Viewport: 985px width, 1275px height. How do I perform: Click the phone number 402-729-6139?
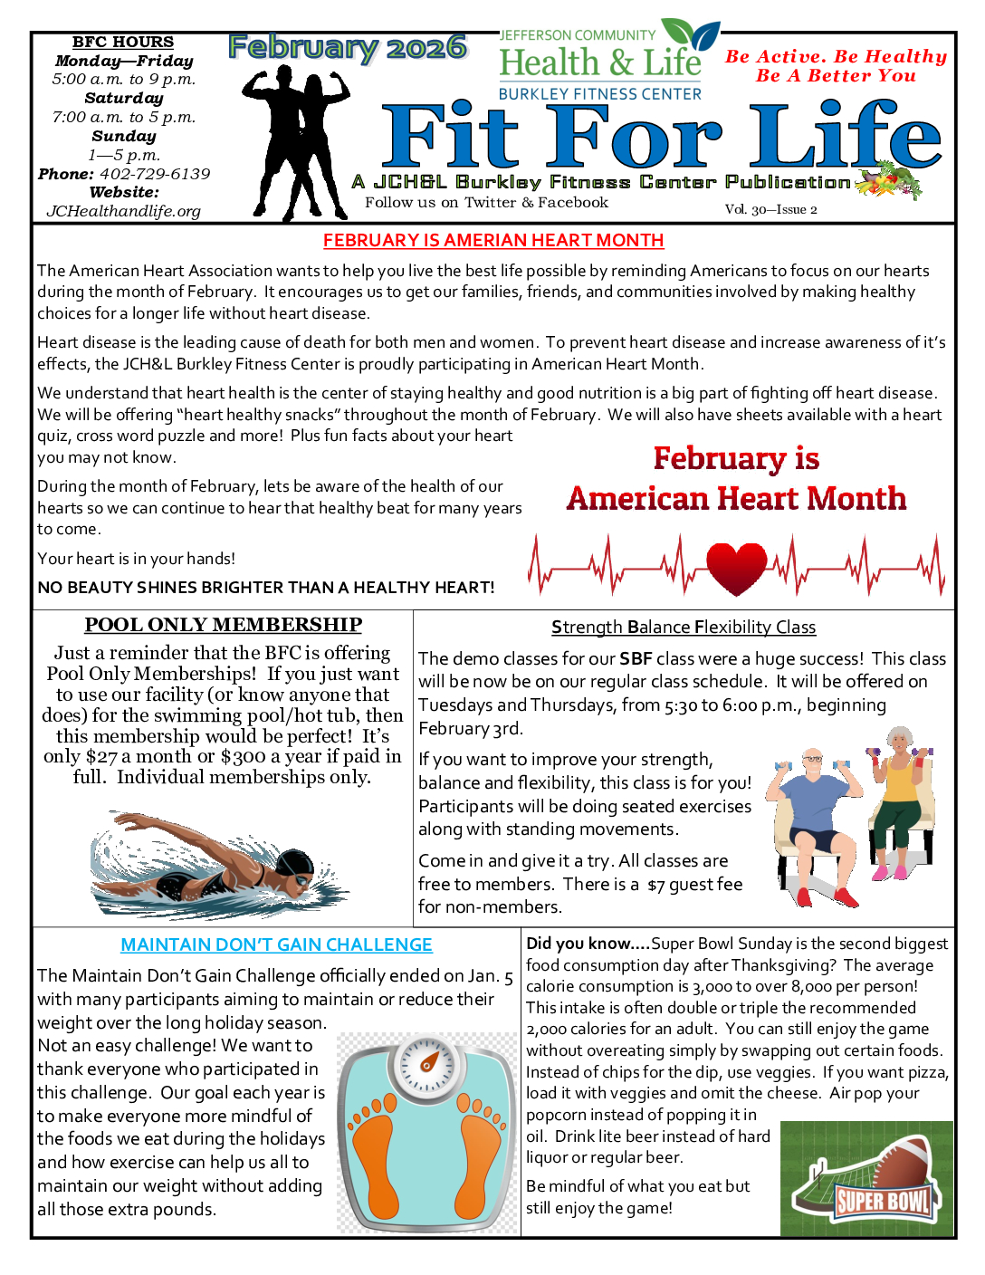click(x=155, y=174)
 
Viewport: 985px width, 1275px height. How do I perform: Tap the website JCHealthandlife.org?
click(x=124, y=211)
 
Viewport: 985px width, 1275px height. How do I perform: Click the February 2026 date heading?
click(x=348, y=48)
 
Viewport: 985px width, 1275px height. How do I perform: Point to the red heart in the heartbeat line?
click(x=736, y=568)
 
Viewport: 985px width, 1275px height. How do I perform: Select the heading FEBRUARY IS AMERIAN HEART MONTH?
click(x=493, y=240)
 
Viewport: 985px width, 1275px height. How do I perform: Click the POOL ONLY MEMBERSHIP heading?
click(x=223, y=625)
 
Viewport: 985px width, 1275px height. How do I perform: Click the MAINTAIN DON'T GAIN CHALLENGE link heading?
click(x=276, y=944)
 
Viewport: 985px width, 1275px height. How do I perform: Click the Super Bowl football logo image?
click(x=866, y=1179)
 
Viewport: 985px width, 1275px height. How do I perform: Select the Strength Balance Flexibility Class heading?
click(x=684, y=627)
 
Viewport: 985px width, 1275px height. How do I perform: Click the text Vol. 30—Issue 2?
click(x=770, y=209)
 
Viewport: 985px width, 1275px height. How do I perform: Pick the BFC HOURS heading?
click(x=123, y=42)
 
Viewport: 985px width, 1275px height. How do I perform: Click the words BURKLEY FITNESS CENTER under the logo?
click(x=599, y=94)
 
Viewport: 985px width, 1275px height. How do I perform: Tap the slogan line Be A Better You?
click(x=836, y=76)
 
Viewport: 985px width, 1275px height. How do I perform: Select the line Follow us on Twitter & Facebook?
click(x=486, y=203)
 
